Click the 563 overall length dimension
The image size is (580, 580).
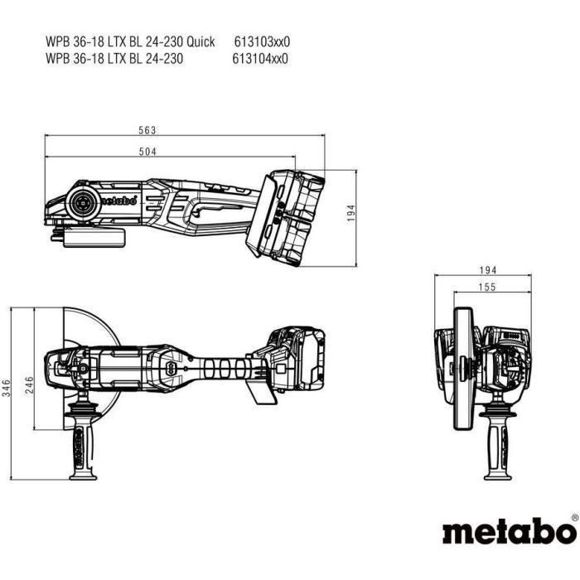pyautogui.click(x=148, y=130)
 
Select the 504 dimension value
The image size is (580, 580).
pyautogui.click(x=148, y=151)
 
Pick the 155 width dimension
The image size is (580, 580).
pyautogui.click(x=486, y=288)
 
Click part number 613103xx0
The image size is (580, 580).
pyautogui.click(x=262, y=41)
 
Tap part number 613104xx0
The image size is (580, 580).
pyautogui.click(x=262, y=58)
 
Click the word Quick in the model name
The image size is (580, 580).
pyautogui.click(x=200, y=41)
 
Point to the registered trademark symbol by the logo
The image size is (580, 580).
pyautogui.click(x=574, y=519)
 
